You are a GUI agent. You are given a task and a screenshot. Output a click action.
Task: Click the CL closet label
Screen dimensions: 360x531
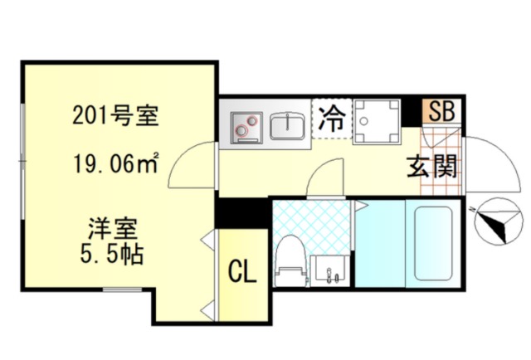coord(241,270)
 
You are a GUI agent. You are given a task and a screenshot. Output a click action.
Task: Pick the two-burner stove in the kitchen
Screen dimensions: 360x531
coord(246,124)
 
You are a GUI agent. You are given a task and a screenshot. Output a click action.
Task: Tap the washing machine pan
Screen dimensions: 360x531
coord(375,121)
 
